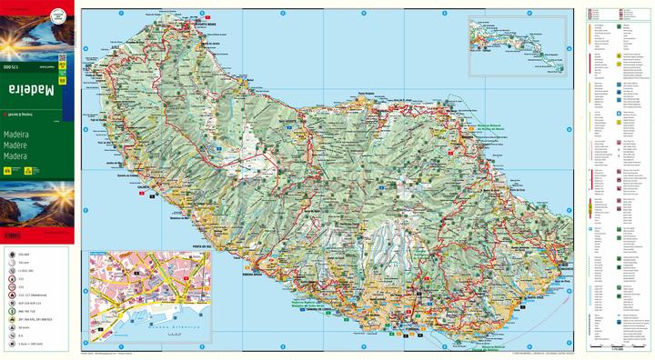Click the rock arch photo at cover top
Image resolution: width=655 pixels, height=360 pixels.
click(x=35, y=27)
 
